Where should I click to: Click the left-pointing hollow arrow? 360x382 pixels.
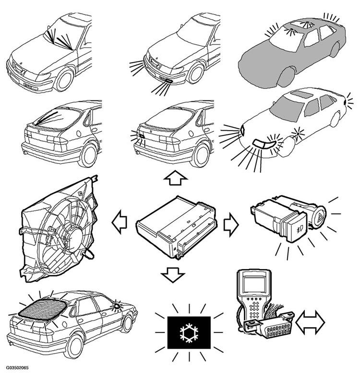tap(120, 222)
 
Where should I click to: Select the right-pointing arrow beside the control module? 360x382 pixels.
tap(231, 224)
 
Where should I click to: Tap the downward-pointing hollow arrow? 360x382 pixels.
tap(173, 274)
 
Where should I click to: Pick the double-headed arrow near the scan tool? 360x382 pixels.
tap(310, 322)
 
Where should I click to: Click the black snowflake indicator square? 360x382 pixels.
tap(189, 333)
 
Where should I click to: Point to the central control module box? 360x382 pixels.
tap(176, 227)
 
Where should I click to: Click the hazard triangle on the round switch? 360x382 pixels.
tap(320, 215)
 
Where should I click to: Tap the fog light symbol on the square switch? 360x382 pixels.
tap(299, 229)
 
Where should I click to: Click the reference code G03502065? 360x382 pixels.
tap(17, 368)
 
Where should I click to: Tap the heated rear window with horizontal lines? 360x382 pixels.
tap(43, 308)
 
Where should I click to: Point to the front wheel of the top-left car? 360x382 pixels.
tap(64, 79)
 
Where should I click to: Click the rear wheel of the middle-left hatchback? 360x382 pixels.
tap(88, 155)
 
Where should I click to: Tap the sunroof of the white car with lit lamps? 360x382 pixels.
tap(302, 94)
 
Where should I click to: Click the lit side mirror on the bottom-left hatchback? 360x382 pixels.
tap(117, 306)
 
